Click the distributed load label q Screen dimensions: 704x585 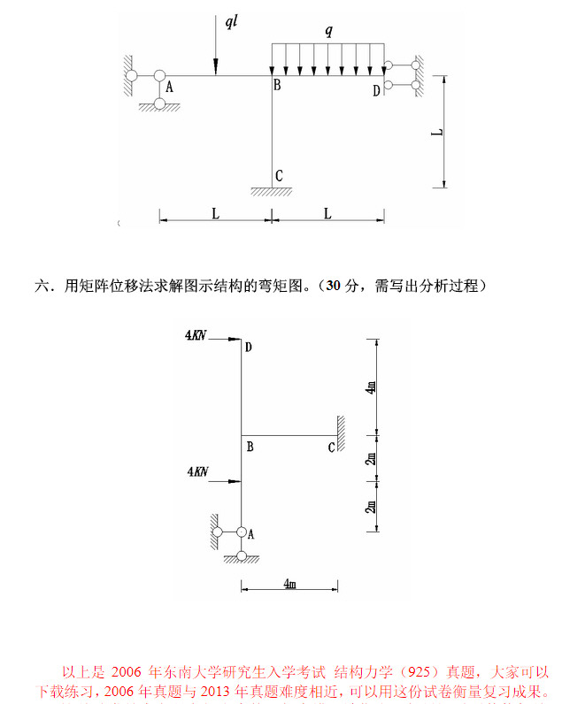[328, 31]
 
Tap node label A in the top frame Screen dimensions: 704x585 [169, 87]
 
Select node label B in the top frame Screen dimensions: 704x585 [277, 86]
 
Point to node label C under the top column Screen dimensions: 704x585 [279, 175]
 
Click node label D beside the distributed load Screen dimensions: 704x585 [376, 89]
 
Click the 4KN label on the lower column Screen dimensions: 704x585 [197, 472]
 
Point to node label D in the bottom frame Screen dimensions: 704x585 [249, 348]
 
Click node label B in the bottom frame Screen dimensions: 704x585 [250, 447]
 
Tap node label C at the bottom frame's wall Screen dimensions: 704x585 [331, 447]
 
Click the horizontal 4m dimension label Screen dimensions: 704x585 [289, 585]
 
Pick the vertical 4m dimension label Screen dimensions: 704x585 [372, 386]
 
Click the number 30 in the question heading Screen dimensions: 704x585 [333, 286]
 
